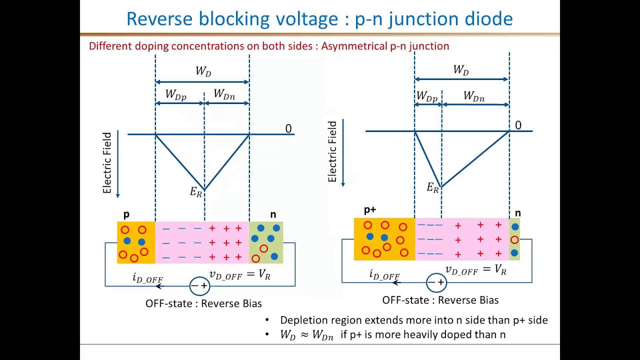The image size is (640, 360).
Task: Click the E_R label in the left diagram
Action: [x=196, y=192]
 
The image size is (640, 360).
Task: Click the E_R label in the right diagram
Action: [x=432, y=188]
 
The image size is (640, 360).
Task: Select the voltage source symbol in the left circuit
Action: [x=199, y=286]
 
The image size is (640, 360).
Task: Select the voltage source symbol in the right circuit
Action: [x=436, y=282]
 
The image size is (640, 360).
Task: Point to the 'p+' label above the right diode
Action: [x=370, y=210]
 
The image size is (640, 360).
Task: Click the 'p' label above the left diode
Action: [x=126, y=214]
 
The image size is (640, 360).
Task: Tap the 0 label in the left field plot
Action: [x=288, y=129]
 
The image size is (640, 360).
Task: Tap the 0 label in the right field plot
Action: [x=518, y=125]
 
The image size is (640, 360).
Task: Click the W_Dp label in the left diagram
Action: [x=176, y=94]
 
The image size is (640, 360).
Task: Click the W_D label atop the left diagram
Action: [x=203, y=71]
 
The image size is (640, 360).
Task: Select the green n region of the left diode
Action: [x=266, y=242]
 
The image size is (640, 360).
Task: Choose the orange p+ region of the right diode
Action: [x=384, y=239]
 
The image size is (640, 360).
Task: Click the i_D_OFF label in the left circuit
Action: [x=147, y=278]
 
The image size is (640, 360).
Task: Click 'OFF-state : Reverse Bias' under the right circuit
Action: [x=440, y=300]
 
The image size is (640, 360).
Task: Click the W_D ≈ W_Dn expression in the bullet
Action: [x=306, y=335]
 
